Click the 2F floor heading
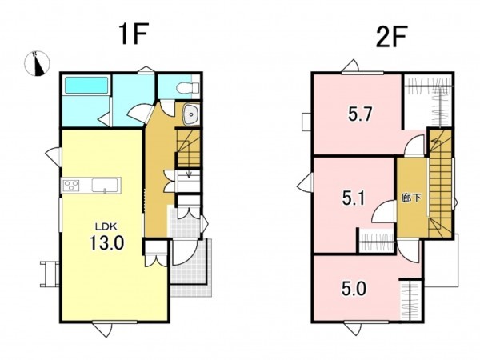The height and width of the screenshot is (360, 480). coord(391,37)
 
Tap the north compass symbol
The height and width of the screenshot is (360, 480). coord(37,63)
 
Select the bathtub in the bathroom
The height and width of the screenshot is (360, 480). coord(86,85)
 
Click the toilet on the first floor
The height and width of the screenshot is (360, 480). coord(187,88)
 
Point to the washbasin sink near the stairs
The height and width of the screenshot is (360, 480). coord(191,114)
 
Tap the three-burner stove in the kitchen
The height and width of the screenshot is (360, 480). coord(71,186)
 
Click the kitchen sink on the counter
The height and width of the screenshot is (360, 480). coord(105,185)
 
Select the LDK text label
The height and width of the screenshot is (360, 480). coord(106,227)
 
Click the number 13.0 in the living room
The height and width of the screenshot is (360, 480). coord(107,242)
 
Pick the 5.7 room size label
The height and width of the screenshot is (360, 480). coord(360,114)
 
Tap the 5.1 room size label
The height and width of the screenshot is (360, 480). coord(354,198)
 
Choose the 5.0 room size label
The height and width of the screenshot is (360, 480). coord(354,288)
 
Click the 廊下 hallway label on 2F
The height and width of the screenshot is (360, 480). coord(411,198)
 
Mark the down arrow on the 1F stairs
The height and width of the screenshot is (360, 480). coord(189,174)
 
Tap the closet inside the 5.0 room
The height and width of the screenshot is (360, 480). coord(411,300)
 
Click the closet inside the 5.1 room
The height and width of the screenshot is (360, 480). coord(376,241)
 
